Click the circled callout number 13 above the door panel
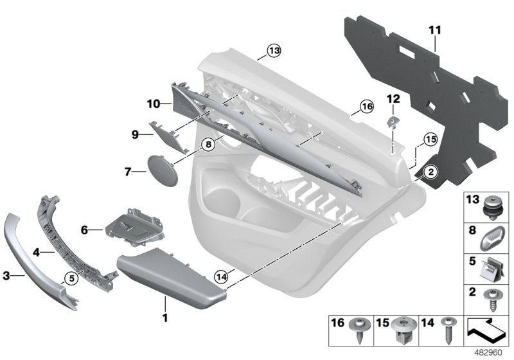274,50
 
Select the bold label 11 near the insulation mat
435,30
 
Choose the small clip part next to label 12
393,123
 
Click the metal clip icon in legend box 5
492,267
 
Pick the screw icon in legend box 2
492,299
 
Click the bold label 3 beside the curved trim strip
6,276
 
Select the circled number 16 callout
366,106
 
